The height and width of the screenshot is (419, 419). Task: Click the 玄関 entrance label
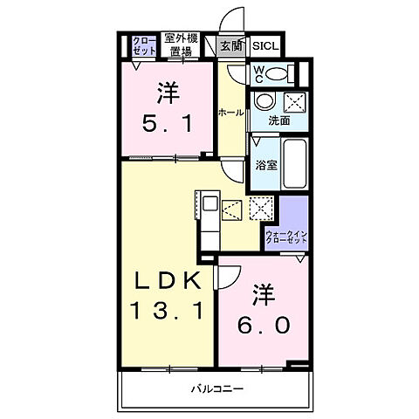tap(230, 47)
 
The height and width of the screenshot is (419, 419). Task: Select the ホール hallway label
tap(230, 113)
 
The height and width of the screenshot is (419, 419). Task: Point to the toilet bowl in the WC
tap(278, 74)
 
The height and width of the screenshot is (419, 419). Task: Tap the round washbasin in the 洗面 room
tap(264, 101)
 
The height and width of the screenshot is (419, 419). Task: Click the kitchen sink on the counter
tap(210, 204)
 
